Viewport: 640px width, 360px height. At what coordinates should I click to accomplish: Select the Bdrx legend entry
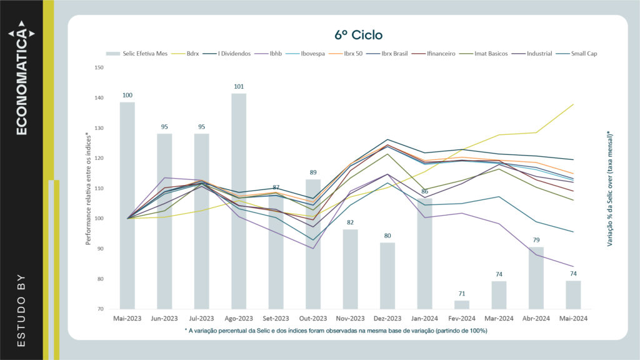point(192,54)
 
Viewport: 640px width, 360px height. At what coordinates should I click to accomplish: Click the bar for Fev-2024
point(462,305)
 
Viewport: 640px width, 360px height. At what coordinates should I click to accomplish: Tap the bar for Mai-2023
point(127,206)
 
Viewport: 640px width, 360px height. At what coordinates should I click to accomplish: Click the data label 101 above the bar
point(238,86)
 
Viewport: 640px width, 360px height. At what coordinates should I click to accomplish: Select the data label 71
point(462,293)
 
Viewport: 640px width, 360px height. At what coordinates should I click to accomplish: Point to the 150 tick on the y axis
point(99,67)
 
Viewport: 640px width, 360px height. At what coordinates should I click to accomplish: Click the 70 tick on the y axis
point(100,309)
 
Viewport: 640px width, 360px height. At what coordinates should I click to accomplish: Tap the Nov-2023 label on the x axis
point(350,319)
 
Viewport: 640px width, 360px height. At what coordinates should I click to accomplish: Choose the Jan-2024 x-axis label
point(424,319)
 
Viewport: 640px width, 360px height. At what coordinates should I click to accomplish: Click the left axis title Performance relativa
point(89,188)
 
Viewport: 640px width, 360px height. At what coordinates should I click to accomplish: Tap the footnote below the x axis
point(336,330)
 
